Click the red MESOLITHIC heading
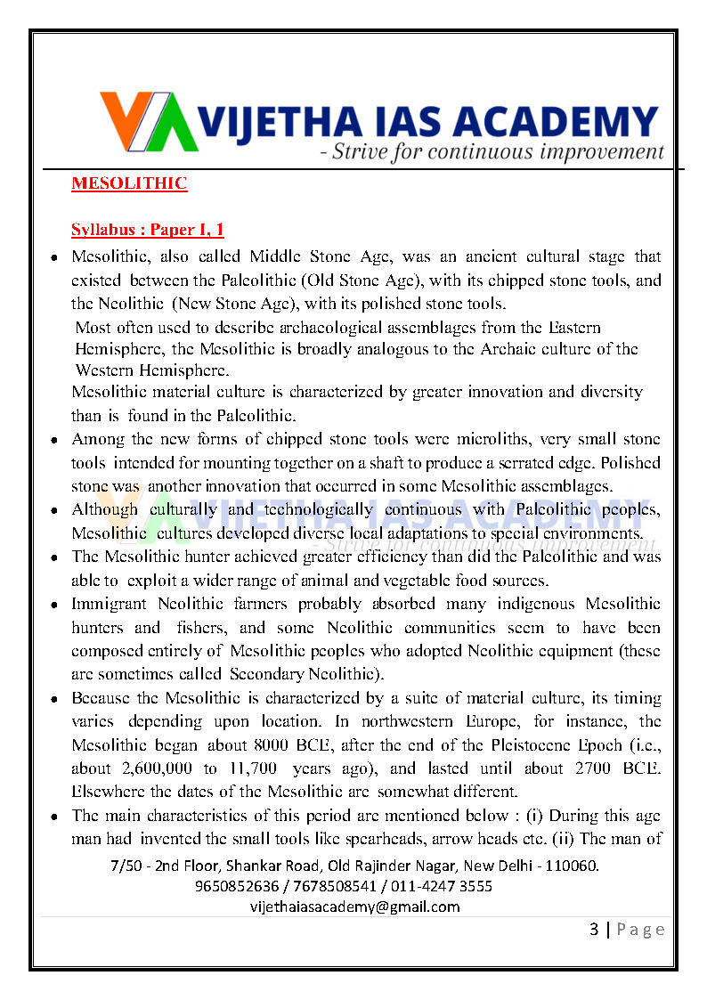point(129,184)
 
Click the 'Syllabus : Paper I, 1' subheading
point(147,231)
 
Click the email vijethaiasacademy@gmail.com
point(355,907)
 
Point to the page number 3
point(594,930)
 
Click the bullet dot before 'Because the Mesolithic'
point(54,700)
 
